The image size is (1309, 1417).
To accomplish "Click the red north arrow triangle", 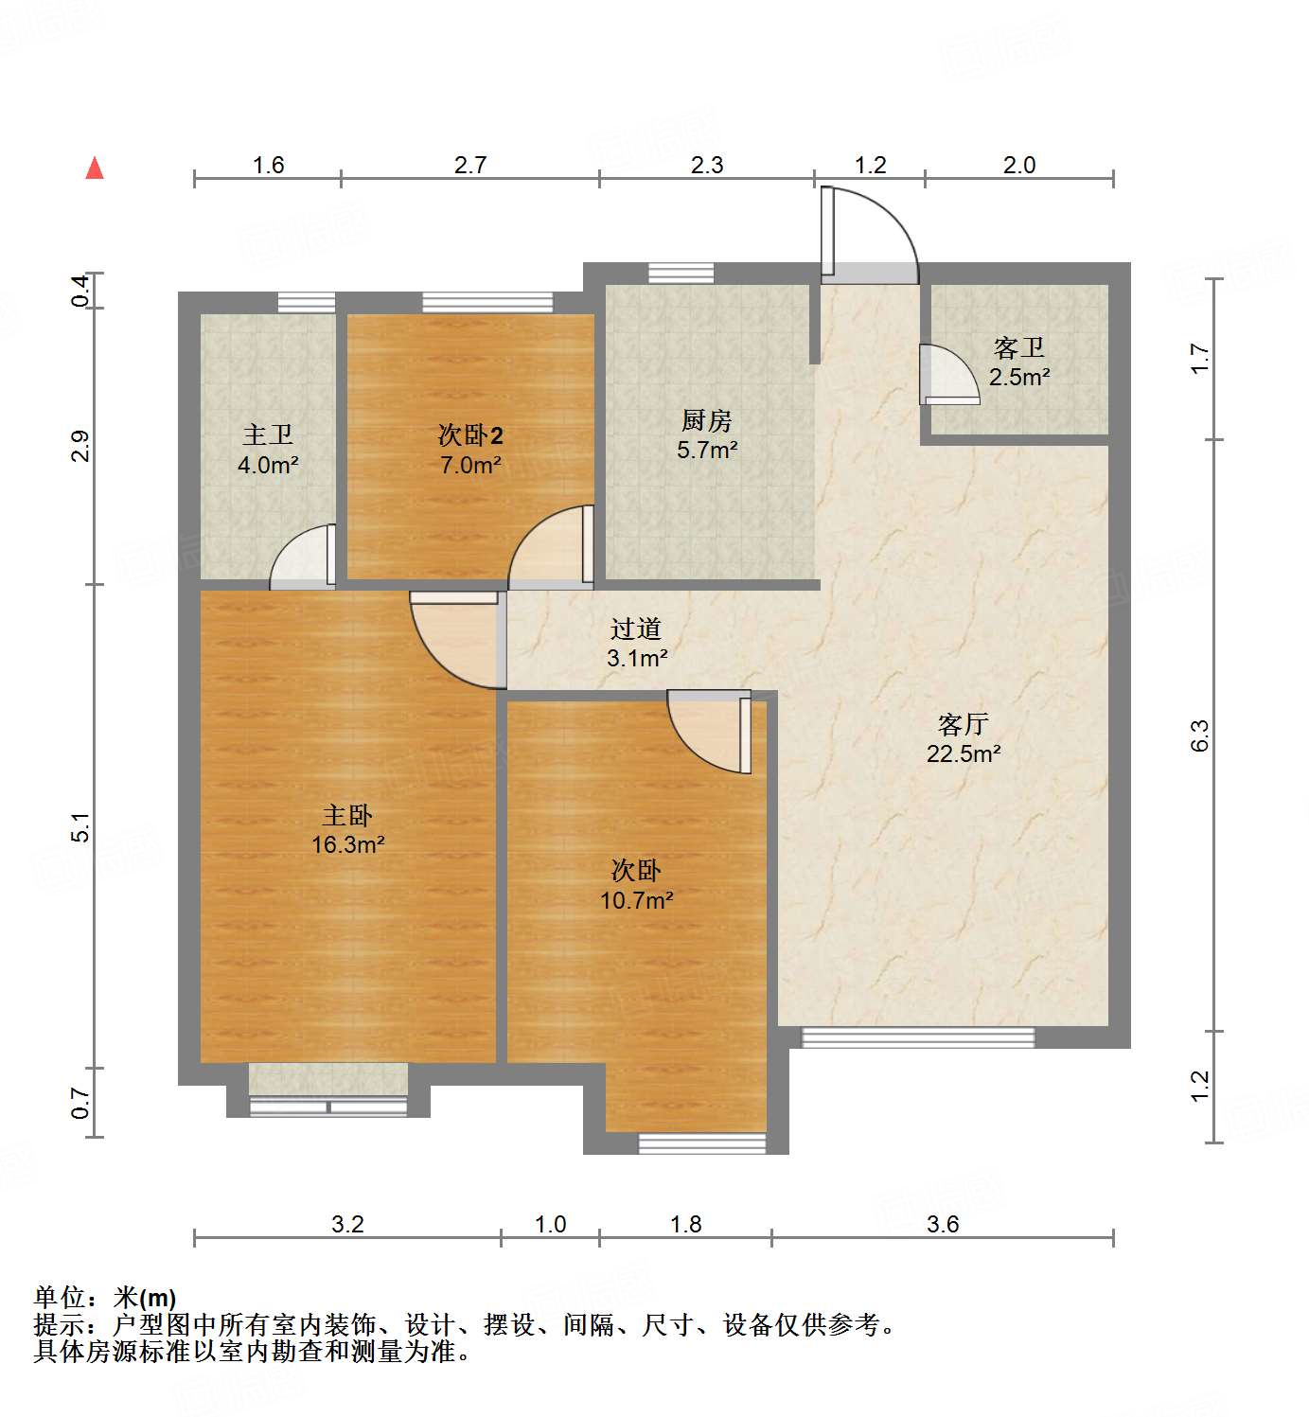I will [x=95, y=168].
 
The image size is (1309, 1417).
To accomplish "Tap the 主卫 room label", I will [x=268, y=435].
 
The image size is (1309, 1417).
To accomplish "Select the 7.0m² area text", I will [x=470, y=465].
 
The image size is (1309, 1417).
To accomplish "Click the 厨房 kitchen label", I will [x=707, y=420].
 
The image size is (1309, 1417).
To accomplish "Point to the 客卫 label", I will [x=1019, y=348].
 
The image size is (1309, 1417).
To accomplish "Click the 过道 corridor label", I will [x=636, y=629].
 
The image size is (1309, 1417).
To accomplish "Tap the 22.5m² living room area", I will [x=964, y=753].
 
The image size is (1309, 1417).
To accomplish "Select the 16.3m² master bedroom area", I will [x=348, y=844].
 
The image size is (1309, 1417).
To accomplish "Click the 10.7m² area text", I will [x=637, y=900].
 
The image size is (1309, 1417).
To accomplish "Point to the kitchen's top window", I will [x=681, y=273].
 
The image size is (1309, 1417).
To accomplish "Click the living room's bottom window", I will [x=918, y=1037].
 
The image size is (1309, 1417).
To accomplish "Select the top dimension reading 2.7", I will [x=470, y=165].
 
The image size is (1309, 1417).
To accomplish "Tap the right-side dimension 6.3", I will [x=1199, y=735].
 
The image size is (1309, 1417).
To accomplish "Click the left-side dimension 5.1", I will [x=82, y=826].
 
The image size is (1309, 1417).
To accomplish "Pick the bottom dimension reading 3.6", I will [x=943, y=1224].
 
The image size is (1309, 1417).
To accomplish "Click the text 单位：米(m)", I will [x=105, y=1297].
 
